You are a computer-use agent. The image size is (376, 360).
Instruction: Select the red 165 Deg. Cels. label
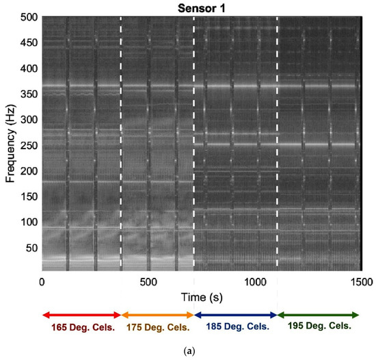click(81, 326)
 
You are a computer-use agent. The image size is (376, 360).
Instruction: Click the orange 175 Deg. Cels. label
click(157, 326)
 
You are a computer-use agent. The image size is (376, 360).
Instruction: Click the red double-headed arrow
click(81, 315)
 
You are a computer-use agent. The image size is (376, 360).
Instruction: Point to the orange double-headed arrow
click(158, 315)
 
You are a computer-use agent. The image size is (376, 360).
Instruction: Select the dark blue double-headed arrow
click(236, 315)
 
